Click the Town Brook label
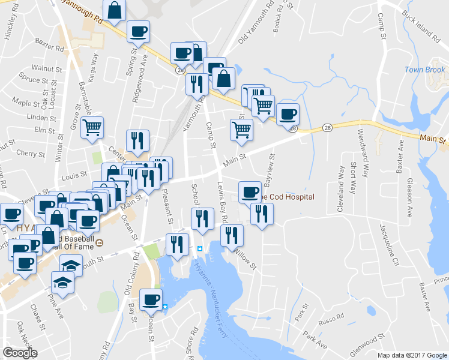[x=424, y=70]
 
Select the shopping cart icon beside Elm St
[x=92, y=128]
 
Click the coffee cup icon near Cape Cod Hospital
[x=250, y=192]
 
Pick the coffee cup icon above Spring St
[x=138, y=32]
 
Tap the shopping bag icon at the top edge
[x=114, y=10]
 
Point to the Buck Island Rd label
[x=421, y=28]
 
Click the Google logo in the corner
[x=20, y=353]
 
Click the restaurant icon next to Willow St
[x=232, y=236]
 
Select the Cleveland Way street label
[x=340, y=185]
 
